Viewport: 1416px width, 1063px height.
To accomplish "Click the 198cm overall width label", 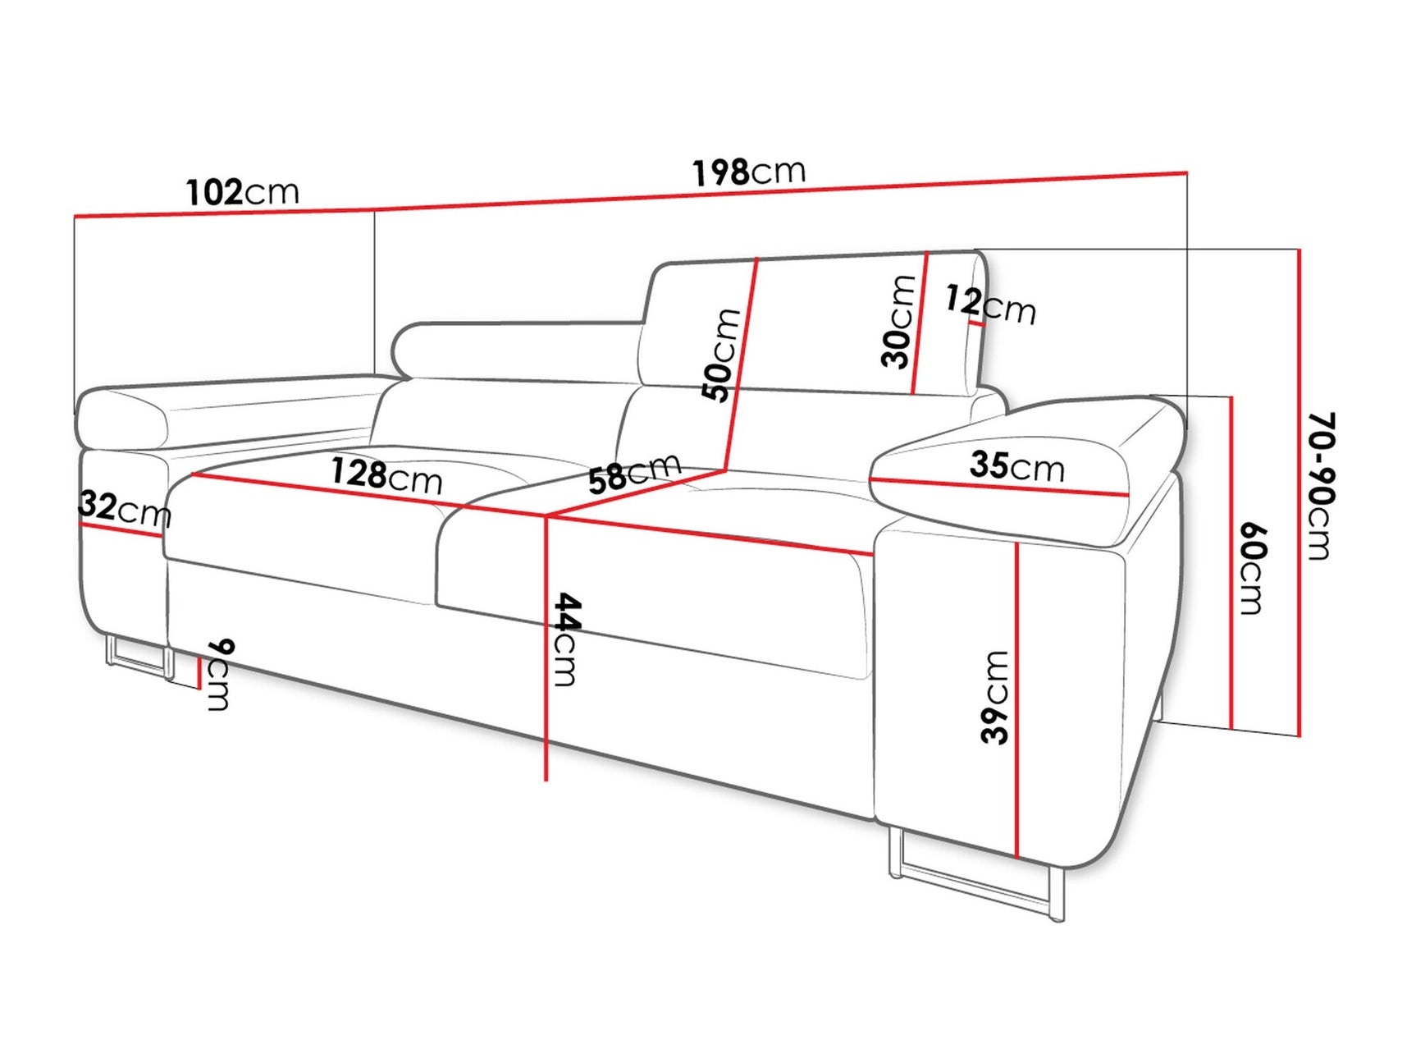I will click(x=748, y=172).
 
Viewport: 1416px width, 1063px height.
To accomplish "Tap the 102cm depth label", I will click(x=242, y=192).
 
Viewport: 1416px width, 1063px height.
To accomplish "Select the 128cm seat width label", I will click(x=386, y=475).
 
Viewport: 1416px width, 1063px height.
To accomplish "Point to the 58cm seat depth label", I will click(x=634, y=474).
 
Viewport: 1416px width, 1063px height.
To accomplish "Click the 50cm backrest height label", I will click(x=721, y=355).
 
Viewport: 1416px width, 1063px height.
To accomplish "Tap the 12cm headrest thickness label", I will click(x=989, y=305).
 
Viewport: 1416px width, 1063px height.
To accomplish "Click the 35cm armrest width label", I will click(x=1016, y=465).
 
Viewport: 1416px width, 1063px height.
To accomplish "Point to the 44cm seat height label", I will click(x=566, y=639).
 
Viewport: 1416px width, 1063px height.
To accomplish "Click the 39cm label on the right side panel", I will click(x=995, y=697).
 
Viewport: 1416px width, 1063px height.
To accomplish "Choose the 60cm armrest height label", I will click(x=1252, y=569).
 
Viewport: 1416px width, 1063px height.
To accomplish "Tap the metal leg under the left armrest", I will click(x=136, y=657).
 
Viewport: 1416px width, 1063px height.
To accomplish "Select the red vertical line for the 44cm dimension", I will click(x=546, y=657).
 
